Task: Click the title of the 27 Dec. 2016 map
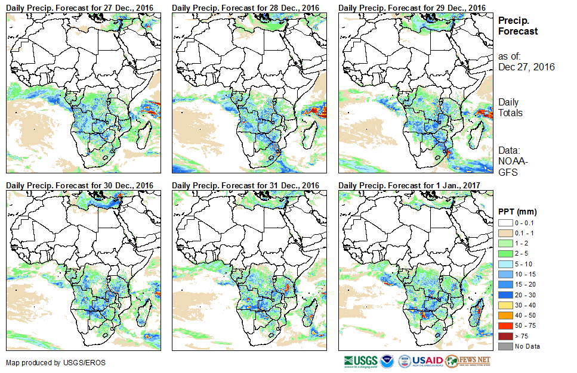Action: [80, 8]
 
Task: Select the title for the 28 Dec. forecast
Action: [246, 8]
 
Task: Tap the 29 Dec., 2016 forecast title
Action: [412, 8]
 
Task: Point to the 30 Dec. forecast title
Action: [80, 185]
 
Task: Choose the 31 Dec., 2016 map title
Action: [246, 185]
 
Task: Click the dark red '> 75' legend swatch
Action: [505, 336]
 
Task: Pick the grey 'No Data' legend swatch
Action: [505, 346]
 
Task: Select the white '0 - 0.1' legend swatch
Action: [505, 222]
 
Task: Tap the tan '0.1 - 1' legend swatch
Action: [505, 232]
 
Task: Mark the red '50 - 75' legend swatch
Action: [505, 325]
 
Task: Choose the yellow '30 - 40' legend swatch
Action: [505, 305]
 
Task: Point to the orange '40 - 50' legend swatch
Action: [505, 315]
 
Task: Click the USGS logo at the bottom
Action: [360, 361]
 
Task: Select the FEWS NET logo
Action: [468, 361]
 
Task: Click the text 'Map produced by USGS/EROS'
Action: [48, 362]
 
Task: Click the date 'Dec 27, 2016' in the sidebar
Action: [526, 67]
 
